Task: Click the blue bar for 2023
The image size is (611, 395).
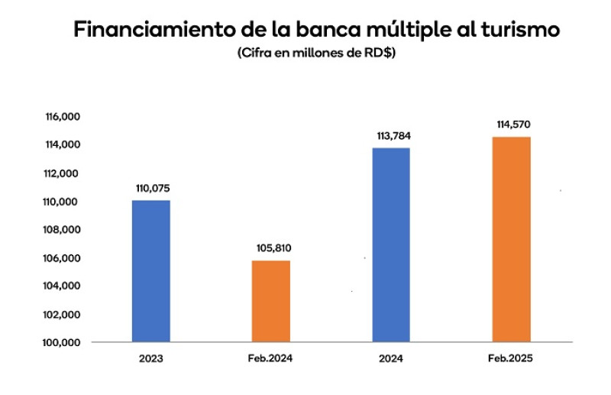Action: tap(151, 271)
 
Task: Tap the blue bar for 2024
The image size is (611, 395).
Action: tap(391, 244)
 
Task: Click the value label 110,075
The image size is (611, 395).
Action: tap(151, 188)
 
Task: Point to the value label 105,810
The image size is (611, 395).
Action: tap(271, 248)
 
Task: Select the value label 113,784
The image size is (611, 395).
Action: tap(391, 136)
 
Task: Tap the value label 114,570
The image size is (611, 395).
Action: tap(511, 125)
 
